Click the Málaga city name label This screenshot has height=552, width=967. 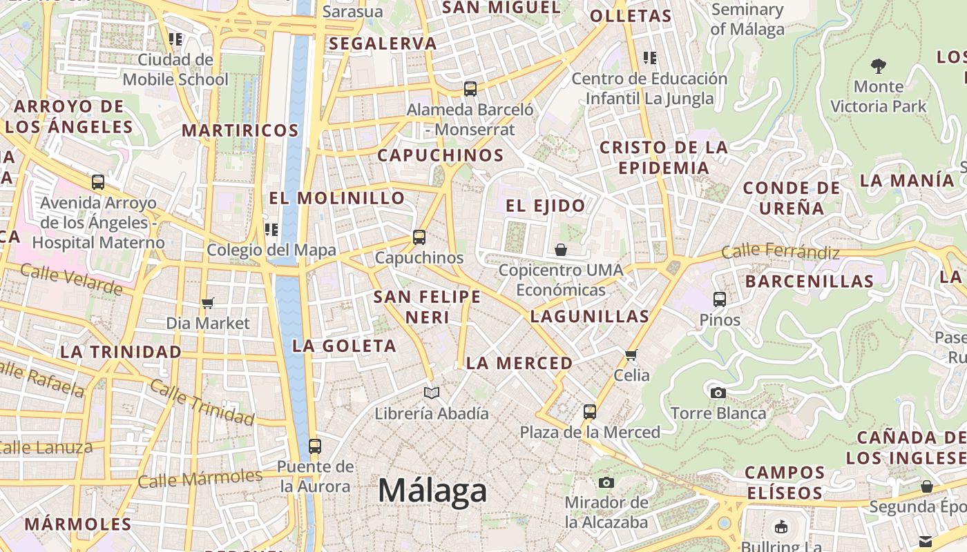tap(432, 491)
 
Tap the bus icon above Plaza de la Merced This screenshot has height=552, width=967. tap(590, 412)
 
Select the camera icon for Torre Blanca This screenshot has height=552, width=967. tap(718, 393)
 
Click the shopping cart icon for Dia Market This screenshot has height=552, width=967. tap(207, 302)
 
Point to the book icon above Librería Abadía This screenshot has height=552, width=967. tap(432, 393)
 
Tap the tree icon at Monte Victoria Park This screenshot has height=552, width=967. tap(879, 66)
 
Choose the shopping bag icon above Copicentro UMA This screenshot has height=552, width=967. tap(561, 249)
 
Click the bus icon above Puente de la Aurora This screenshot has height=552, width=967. tap(315, 446)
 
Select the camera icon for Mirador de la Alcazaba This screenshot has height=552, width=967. tap(606, 482)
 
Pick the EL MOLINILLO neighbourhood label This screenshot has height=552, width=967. tap(337, 198)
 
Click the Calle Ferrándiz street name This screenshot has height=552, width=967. tap(781, 252)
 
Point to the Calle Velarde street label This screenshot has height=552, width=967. tap(71, 278)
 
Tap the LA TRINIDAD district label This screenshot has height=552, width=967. tap(121, 351)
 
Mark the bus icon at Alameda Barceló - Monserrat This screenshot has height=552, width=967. tap(470, 88)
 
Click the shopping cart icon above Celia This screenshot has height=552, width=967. tap(631, 355)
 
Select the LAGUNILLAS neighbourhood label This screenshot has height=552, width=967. tap(590, 317)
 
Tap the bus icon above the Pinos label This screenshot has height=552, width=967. tap(720, 299)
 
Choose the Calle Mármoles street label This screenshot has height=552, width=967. tap(200, 477)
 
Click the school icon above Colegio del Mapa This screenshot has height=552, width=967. tap(271, 229)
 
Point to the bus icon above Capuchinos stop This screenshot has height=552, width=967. tap(419, 237)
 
